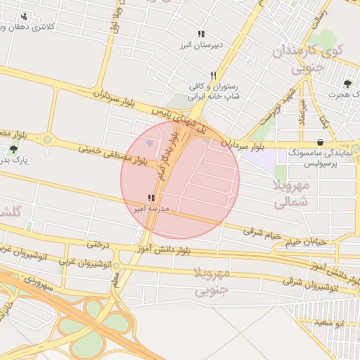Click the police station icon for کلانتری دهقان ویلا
coord(25,16)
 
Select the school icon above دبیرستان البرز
coord(201,34)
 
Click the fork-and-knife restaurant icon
coord(213,75)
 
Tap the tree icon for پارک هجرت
coord(348,83)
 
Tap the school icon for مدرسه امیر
coord(150,199)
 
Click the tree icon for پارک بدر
coord(14,149)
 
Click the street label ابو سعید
coord(328,322)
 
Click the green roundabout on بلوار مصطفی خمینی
coord(47,139)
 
